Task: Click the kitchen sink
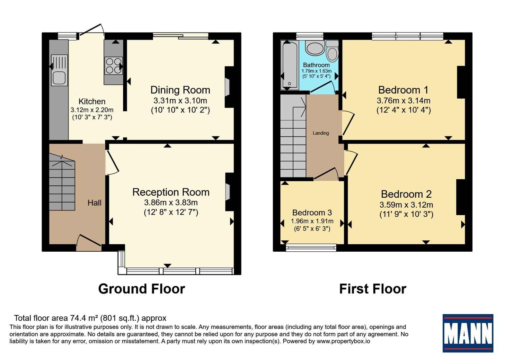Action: coord(59,70)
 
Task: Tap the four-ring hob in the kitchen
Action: coord(114,66)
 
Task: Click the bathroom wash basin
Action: coord(315,48)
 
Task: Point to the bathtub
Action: coord(289,65)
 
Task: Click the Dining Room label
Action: coord(180,90)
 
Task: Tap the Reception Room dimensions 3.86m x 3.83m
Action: coord(171,203)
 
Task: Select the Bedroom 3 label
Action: coord(312,212)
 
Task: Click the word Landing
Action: coord(321,133)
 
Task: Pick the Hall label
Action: coord(94,203)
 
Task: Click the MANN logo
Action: coord(468,333)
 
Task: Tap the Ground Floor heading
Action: coord(142,289)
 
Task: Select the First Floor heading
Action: coord(373,289)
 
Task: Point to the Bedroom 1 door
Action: coord(348,123)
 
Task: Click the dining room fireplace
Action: coord(229,87)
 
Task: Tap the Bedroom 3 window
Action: coord(311,248)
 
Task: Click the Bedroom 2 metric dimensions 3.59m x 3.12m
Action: coord(406,205)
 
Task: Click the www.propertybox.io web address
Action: coord(343,341)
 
